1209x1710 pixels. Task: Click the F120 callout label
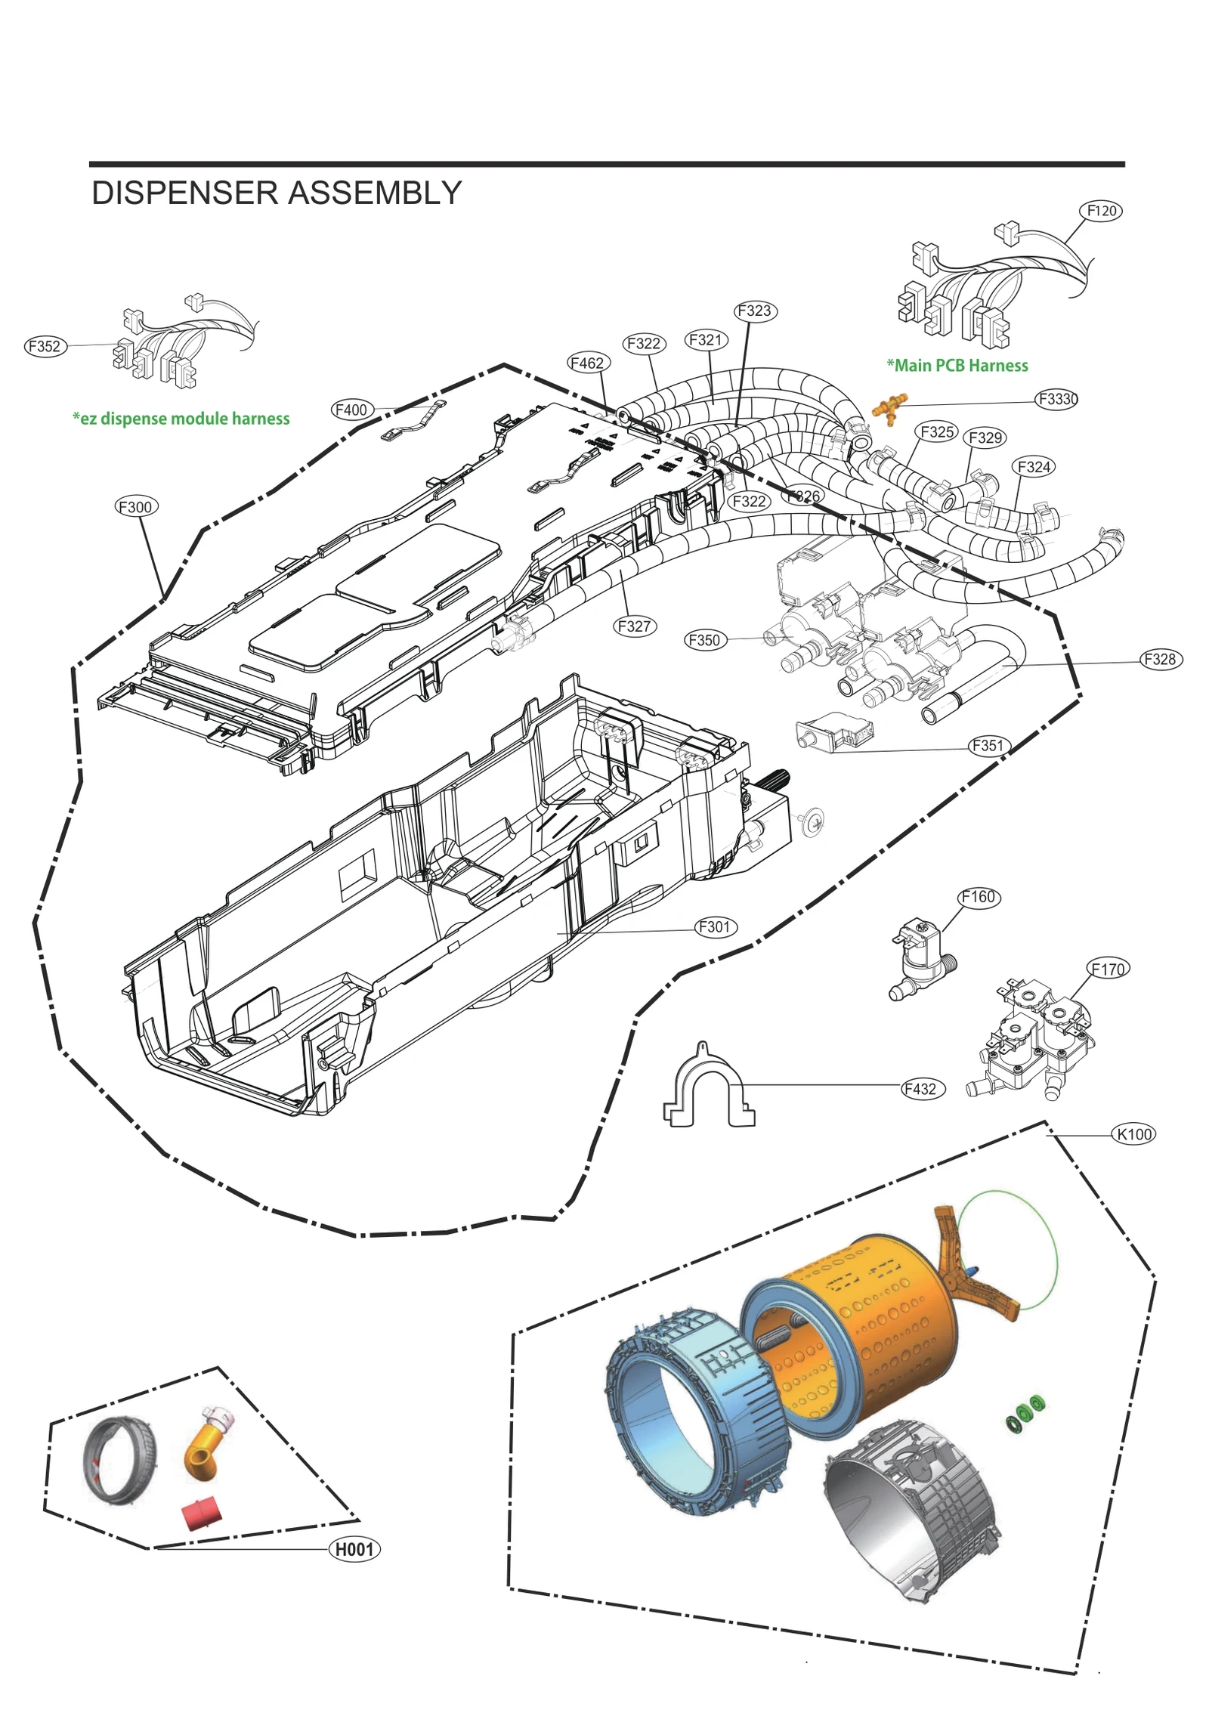pyautogui.click(x=1101, y=211)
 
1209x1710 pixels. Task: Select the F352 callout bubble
pyautogui.click(x=45, y=346)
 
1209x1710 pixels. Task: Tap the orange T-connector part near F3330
pyautogui.click(x=889, y=407)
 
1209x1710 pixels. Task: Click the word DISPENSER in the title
pyautogui.click(x=185, y=193)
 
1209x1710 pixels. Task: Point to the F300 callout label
pyautogui.click(x=136, y=506)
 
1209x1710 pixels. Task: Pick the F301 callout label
pyautogui.click(x=715, y=926)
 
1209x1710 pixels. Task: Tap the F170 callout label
pyautogui.click(x=1109, y=969)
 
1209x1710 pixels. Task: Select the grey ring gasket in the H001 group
pyautogui.click(x=119, y=1461)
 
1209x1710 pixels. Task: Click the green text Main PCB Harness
pyautogui.click(x=957, y=366)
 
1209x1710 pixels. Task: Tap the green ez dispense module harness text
pyautogui.click(x=181, y=419)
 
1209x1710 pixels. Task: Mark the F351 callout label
pyautogui.click(x=988, y=746)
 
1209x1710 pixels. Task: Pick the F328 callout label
pyautogui.click(x=1160, y=659)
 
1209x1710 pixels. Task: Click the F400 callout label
pyautogui.click(x=352, y=410)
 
